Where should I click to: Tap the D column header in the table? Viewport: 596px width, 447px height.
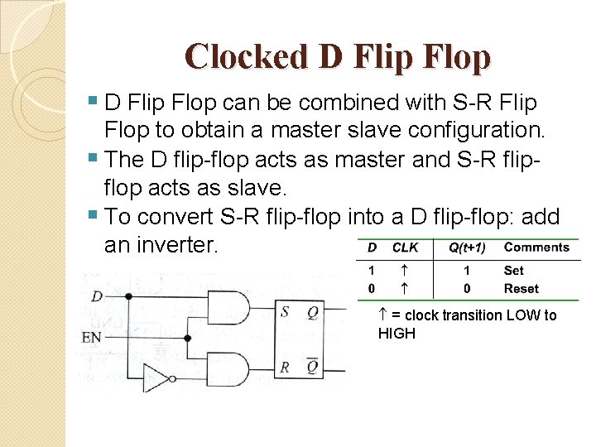point(372,247)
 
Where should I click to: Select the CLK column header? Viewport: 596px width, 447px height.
point(405,247)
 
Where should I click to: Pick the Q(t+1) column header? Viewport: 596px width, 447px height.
point(467,247)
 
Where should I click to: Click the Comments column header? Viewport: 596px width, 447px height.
point(536,247)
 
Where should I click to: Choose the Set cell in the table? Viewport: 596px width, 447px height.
point(513,270)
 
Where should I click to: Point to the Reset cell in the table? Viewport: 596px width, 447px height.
point(521,288)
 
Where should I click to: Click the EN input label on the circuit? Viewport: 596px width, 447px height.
point(92,338)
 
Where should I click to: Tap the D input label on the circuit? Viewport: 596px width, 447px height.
point(98,296)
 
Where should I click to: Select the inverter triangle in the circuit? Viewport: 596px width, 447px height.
point(156,377)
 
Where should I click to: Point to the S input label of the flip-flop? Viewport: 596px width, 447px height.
point(285,312)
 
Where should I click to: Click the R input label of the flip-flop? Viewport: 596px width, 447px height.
point(285,367)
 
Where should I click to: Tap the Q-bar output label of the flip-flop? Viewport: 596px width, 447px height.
point(312,365)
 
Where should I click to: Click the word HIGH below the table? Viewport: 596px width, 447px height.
point(397,333)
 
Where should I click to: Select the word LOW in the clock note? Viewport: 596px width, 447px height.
point(523,315)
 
